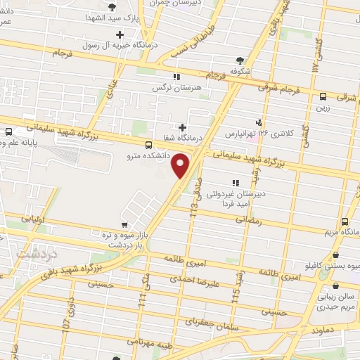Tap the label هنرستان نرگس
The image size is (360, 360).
174,89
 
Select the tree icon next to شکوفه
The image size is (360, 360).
240,60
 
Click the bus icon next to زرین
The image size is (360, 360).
323,97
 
